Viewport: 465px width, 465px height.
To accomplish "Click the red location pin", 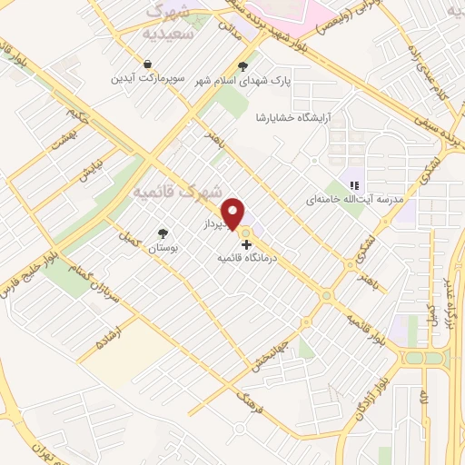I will tap(234, 213).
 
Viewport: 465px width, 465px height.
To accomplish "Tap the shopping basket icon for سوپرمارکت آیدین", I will tap(147, 64).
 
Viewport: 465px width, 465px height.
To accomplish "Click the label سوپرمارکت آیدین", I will tap(148, 78).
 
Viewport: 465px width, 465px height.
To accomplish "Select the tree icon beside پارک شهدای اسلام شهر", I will tap(242, 65).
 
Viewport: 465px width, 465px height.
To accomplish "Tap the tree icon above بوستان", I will tap(163, 233).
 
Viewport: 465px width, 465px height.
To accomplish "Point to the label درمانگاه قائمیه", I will tap(246, 259).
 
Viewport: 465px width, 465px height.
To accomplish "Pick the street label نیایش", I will tap(90, 169).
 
